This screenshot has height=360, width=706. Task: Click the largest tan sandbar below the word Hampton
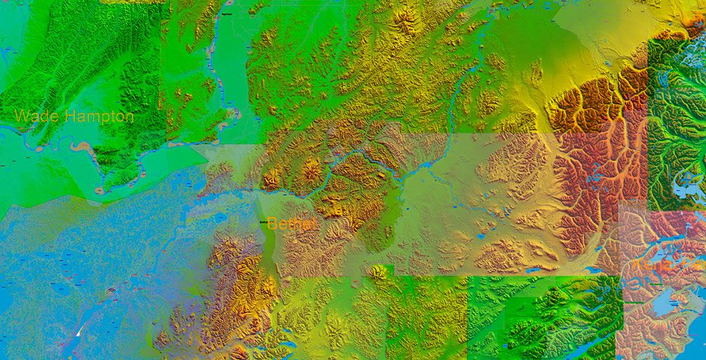pyautogui.click(x=83, y=148)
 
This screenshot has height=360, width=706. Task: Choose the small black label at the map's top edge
pyautogui.click(x=227, y=13)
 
